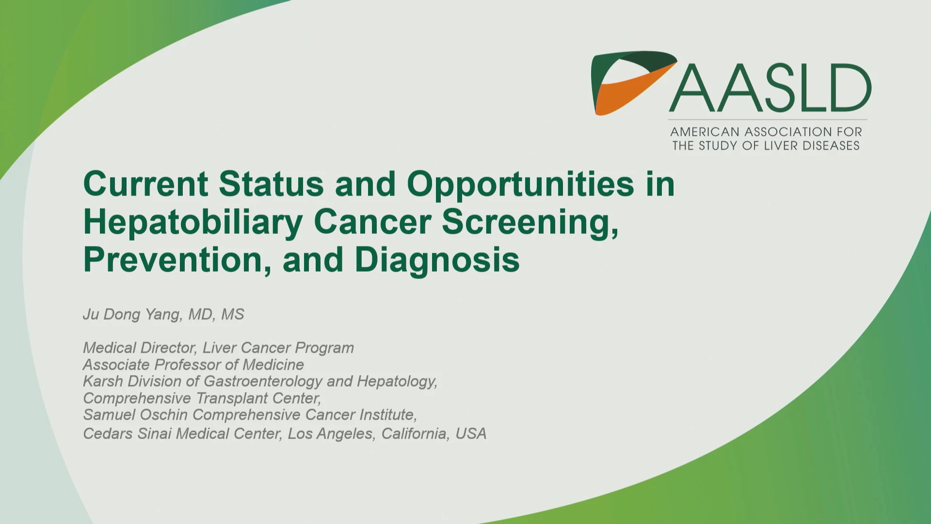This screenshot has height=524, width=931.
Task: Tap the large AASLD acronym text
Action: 770,88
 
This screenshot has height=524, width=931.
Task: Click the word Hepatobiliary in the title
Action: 193,222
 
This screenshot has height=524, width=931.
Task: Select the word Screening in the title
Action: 530,222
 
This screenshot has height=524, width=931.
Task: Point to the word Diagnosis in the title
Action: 437,260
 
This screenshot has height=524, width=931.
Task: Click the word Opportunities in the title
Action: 520,184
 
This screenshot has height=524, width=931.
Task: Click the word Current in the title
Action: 146,184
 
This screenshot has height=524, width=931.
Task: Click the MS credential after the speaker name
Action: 233,314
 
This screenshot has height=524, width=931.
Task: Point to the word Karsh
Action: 103,381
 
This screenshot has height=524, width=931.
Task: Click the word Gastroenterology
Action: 263,382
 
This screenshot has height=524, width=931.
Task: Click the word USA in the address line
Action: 471,434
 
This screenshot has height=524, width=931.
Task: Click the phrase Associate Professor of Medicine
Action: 193,365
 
